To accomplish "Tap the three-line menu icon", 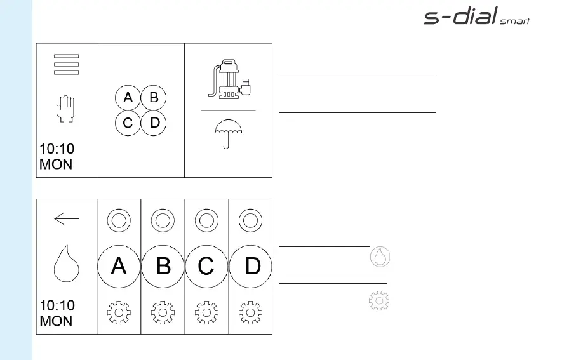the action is pyautogui.click(x=66, y=65).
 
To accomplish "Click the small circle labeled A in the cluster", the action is pyautogui.click(x=128, y=98).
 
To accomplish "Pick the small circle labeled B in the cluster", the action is pyautogui.click(x=153, y=98).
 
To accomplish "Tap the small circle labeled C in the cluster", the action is pyautogui.click(x=128, y=123).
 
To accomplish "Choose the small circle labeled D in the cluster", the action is pyautogui.click(x=153, y=123).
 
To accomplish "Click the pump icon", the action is pyautogui.click(x=229, y=79).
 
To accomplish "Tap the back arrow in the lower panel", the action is pyautogui.click(x=66, y=219).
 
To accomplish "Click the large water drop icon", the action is pyautogui.click(x=65, y=265).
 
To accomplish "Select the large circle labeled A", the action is pyautogui.click(x=119, y=266).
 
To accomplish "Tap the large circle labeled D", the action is pyautogui.click(x=251, y=266).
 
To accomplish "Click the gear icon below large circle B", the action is pyautogui.click(x=163, y=313).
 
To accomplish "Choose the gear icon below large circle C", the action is pyautogui.click(x=206, y=313).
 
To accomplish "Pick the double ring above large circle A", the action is pyautogui.click(x=119, y=221).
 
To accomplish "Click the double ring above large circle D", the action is pyautogui.click(x=251, y=221).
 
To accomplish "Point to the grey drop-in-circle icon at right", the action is pyautogui.click(x=380, y=256).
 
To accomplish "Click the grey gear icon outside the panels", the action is pyautogui.click(x=379, y=300).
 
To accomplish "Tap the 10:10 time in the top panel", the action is pyautogui.click(x=57, y=149).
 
